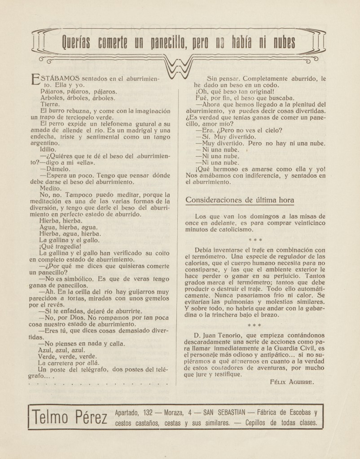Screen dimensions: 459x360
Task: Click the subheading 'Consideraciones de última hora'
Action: coord(246,200)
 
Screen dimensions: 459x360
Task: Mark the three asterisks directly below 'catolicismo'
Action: coord(255,240)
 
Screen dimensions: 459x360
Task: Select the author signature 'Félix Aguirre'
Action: coord(292,382)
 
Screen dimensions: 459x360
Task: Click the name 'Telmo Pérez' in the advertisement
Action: coord(69,417)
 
